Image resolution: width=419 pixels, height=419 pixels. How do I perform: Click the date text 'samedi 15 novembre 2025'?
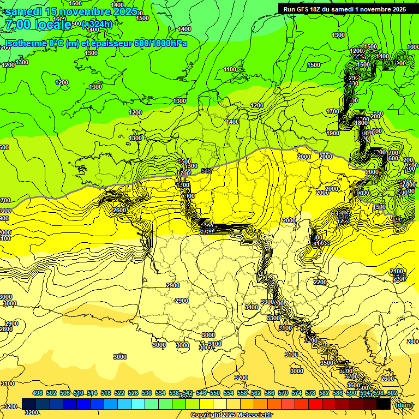(71, 11)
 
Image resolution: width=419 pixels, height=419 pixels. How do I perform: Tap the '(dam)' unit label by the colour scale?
(403, 404)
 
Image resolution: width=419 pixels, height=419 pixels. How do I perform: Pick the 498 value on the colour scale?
(38, 393)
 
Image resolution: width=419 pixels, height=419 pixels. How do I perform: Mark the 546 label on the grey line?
(206, 171)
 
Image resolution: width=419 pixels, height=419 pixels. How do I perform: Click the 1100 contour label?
(230, 69)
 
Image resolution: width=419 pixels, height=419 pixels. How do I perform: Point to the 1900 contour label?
(332, 133)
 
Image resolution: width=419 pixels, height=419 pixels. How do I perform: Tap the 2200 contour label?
(320, 282)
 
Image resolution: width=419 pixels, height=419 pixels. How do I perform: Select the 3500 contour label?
(326, 363)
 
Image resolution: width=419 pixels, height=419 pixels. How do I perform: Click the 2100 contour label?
(397, 271)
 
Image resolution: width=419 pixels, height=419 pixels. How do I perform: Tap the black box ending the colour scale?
(384, 404)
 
